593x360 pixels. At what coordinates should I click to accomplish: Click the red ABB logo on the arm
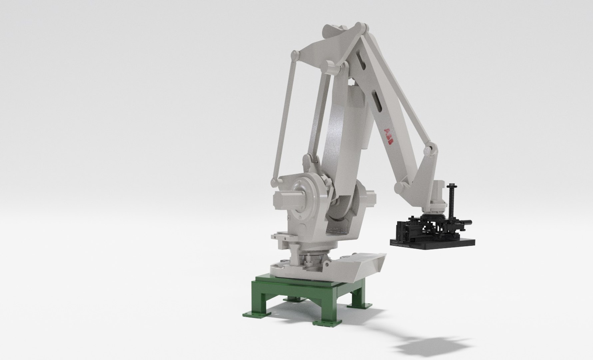click(x=388, y=136)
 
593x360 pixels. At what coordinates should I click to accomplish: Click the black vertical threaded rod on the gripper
click(x=452, y=197)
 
